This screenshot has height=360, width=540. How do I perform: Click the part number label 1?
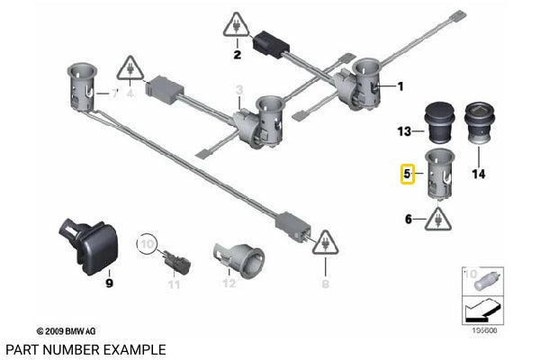click(x=400, y=86)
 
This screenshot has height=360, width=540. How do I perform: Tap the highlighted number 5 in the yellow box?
click(x=407, y=172)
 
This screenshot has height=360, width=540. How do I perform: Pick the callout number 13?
click(x=404, y=131)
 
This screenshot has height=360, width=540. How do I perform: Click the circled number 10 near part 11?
click(x=146, y=244)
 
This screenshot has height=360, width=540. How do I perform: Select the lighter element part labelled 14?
click(x=478, y=127)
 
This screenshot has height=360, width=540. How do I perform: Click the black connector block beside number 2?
click(x=270, y=43)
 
